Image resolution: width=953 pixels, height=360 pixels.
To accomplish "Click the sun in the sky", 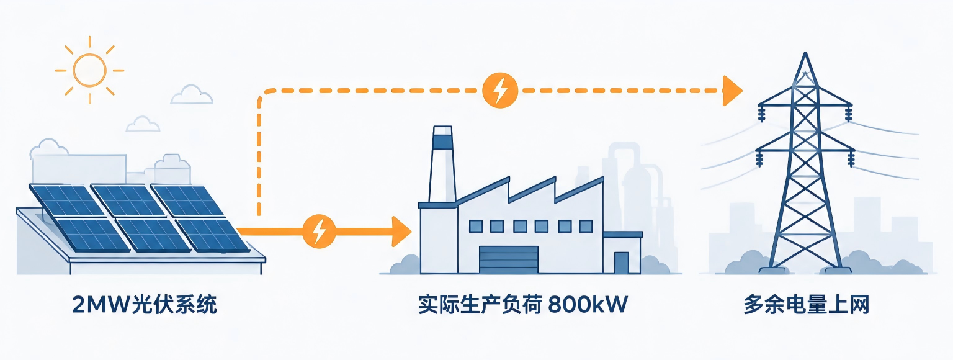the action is [x=89, y=70].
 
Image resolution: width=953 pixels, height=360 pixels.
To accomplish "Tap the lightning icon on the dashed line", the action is [x=500, y=90].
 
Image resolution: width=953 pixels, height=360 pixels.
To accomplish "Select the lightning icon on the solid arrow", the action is [x=319, y=231].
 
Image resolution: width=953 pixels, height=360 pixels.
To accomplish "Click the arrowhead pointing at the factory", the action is [x=401, y=231].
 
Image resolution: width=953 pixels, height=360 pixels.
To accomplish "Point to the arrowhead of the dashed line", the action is [x=732, y=91].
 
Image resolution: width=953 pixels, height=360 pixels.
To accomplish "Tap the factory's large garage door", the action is [x=509, y=259].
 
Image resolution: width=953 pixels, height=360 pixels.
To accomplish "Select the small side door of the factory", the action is [x=622, y=263].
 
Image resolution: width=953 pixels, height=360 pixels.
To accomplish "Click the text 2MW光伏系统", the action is [x=144, y=305].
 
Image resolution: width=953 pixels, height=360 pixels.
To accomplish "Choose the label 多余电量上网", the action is [x=806, y=305].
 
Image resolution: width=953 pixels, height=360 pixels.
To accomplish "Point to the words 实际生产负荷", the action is [x=480, y=305].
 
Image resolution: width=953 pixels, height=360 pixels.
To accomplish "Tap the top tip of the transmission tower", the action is [x=805, y=53].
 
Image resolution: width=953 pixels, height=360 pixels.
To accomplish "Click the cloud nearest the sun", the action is [x=192, y=95].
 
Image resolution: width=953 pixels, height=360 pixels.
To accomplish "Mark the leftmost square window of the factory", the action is [x=476, y=226].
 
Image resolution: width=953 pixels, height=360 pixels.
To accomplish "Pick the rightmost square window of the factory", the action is [x=586, y=226].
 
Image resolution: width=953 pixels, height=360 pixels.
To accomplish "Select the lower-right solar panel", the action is [x=213, y=235].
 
